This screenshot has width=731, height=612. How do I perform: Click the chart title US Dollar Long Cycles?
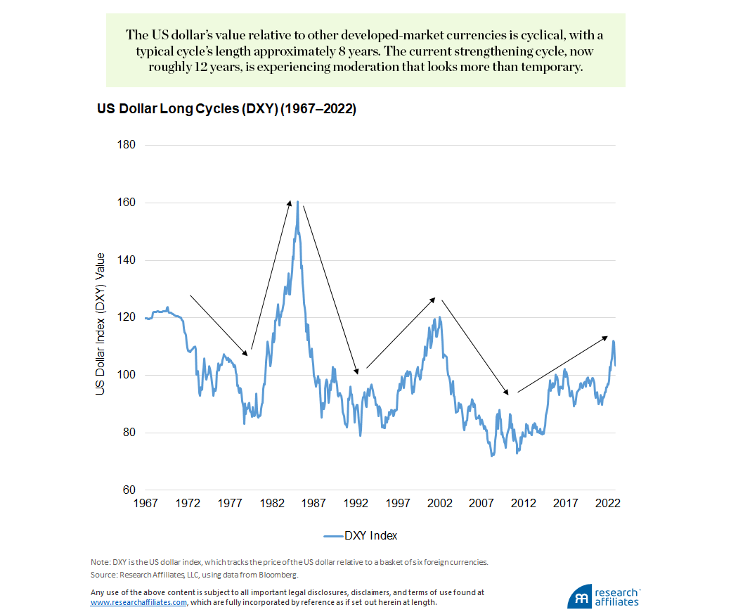point(226,110)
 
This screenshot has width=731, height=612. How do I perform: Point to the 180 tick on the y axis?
point(127,146)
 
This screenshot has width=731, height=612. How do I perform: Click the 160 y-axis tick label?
point(127,203)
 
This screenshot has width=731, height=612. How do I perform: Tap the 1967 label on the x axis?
point(146,504)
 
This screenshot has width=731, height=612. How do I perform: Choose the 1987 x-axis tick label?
point(314,504)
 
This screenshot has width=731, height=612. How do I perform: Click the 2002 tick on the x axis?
point(440,504)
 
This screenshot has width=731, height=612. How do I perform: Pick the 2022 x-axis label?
point(608,504)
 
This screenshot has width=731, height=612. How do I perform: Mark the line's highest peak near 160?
point(297,202)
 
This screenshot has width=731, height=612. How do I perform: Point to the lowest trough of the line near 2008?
point(492,456)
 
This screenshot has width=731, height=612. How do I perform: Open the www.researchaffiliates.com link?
point(138,603)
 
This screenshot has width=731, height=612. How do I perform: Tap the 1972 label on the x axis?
point(188,504)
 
